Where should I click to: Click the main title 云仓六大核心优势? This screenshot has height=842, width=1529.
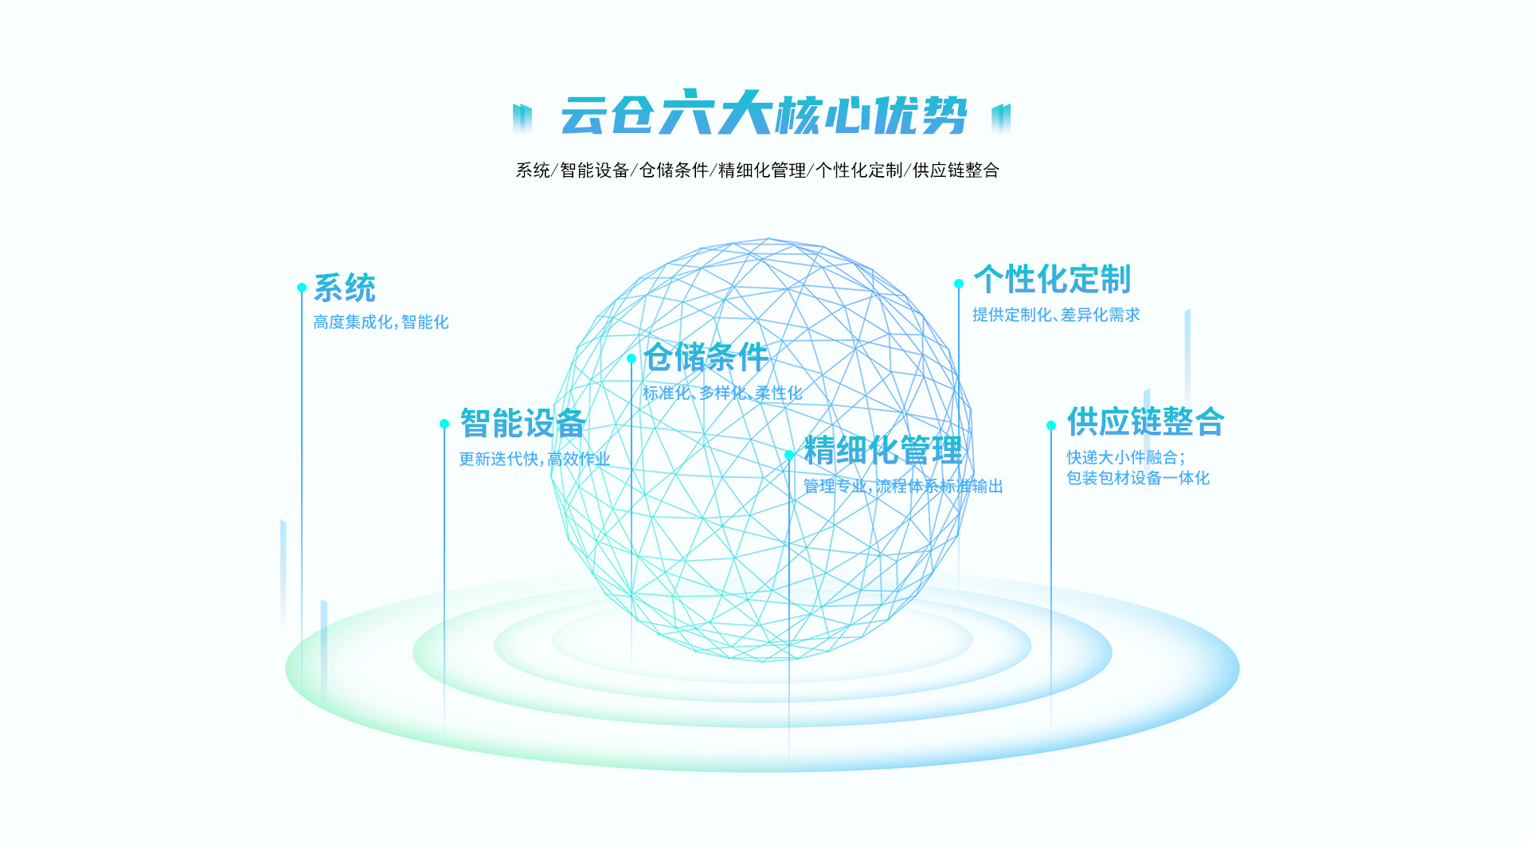(x=764, y=113)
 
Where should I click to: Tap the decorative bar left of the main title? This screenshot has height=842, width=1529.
(x=522, y=118)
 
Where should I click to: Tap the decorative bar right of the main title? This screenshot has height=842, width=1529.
(x=1001, y=118)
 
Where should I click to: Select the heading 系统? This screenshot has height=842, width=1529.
(x=345, y=288)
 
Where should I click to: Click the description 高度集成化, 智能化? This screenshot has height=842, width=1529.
(x=381, y=322)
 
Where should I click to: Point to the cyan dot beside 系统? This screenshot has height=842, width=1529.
(x=302, y=288)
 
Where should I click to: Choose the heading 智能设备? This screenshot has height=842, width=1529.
(x=523, y=423)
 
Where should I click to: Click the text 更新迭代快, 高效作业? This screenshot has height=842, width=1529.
(x=534, y=459)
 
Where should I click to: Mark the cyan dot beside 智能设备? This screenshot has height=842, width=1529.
(x=444, y=424)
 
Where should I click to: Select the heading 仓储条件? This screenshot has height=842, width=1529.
(x=706, y=357)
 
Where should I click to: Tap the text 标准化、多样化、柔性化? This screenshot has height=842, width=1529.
(x=722, y=393)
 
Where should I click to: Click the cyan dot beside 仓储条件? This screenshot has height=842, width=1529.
(x=632, y=358)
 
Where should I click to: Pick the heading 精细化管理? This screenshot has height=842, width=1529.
(x=883, y=450)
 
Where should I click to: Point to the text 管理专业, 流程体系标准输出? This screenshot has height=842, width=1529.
(x=903, y=486)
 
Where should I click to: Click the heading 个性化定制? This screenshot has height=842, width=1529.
(x=1052, y=279)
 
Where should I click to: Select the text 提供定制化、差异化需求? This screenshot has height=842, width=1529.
(x=1056, y=315)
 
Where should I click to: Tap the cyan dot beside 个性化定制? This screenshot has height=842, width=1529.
(x=959, y=284)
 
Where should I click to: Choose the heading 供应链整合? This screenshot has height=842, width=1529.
(x=1146, y=421)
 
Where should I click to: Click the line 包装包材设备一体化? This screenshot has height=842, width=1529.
(x=1138, y=478)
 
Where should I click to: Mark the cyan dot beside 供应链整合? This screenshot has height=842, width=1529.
(x=1051, y=425)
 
